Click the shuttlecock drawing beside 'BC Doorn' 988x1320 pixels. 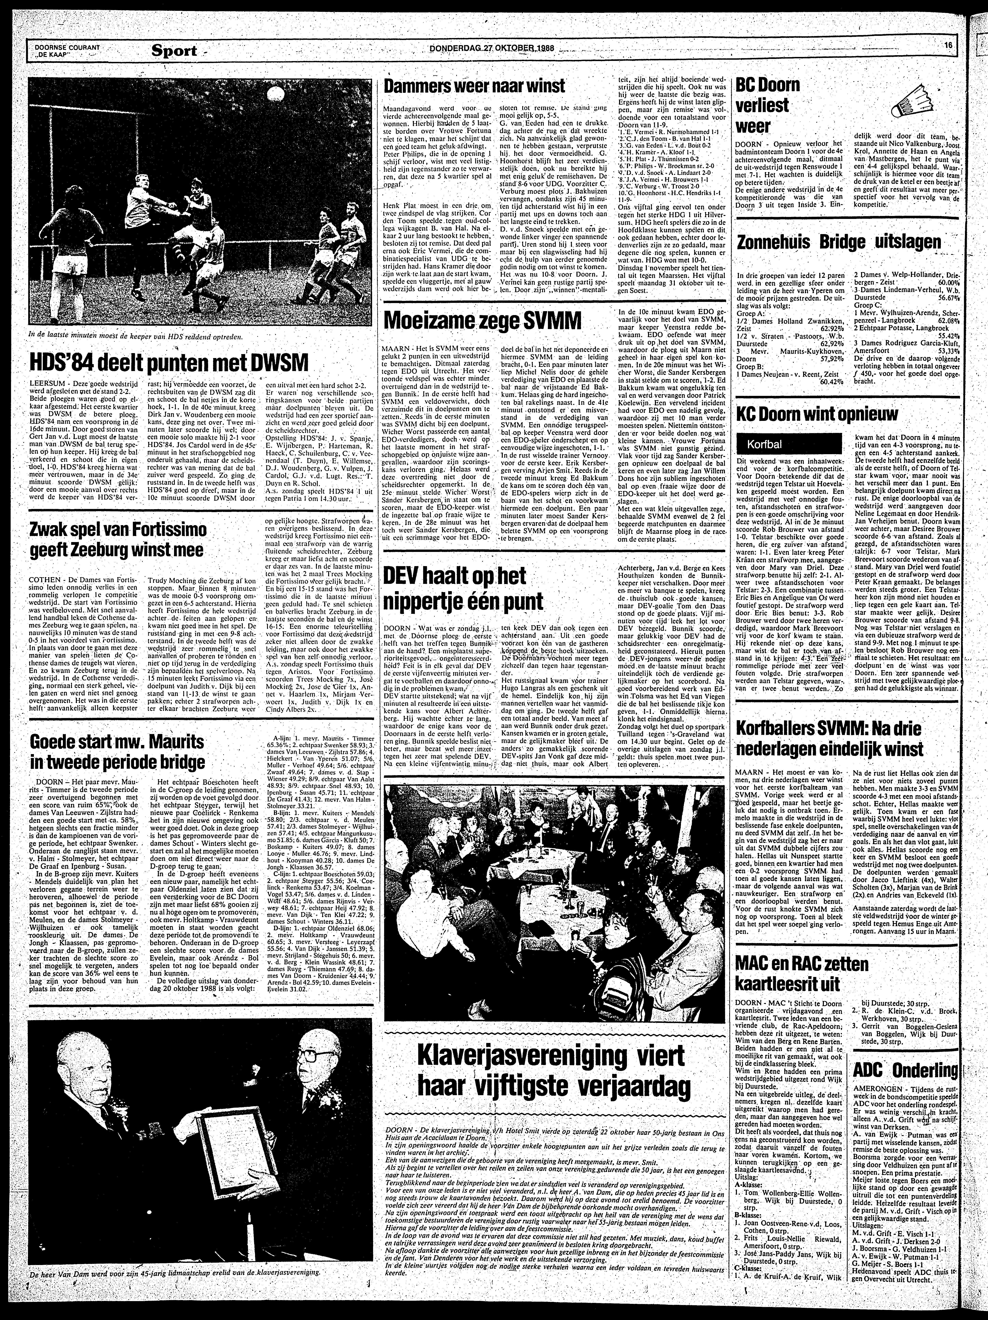click(919, 104)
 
